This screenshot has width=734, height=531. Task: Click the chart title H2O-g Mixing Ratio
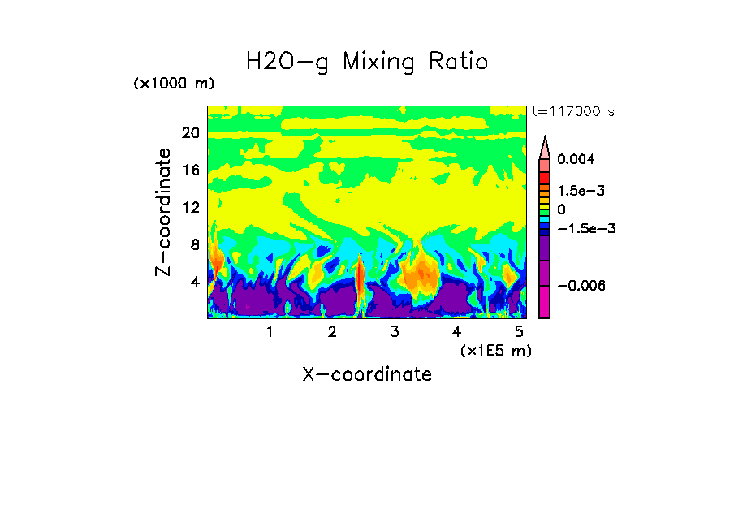click(x=367, y=61)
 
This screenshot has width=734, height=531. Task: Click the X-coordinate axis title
click(x=367, y=374)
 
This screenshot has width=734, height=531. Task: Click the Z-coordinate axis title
click(x=164, y=212)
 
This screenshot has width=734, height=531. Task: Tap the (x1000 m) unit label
click(x=173, y=84)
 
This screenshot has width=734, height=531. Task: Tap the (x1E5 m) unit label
click(x=495, y=350)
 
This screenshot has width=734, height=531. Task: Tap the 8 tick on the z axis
click(x=193, y=244)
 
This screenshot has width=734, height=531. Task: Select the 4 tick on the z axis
click(x=193, y=282)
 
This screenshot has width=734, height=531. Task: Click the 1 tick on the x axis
click(x=270, y=331)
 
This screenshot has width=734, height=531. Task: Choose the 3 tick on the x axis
click(x=395, y=331)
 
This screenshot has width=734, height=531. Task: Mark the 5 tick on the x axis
click(x=519, y=331)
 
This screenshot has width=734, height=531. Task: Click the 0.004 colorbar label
click(x=576, y=160)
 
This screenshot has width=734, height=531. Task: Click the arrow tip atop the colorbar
click(x=544, y=138)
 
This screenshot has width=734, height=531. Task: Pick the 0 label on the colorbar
click(x=560, y=209)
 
